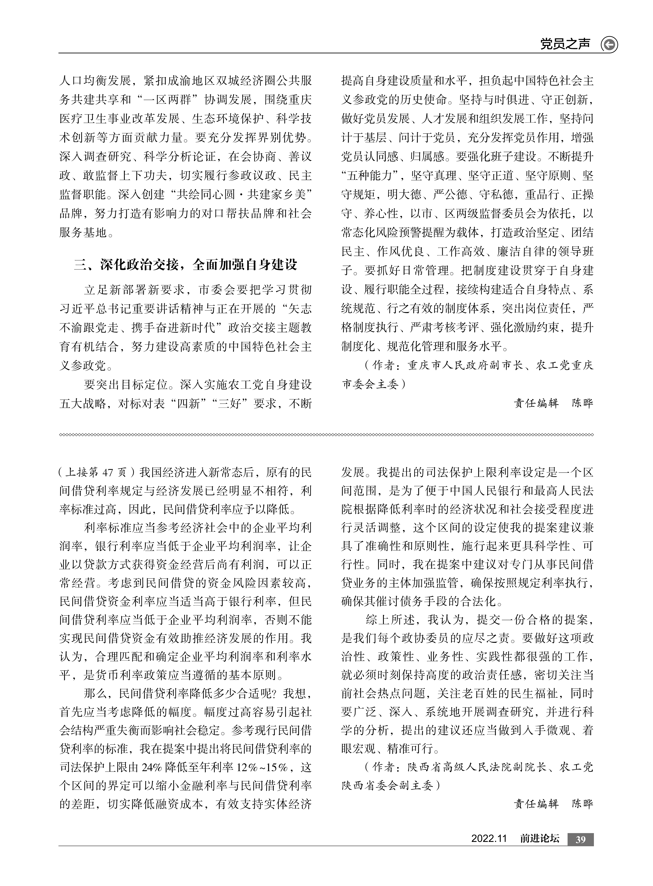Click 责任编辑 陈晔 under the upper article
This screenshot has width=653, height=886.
[x=553, y=404]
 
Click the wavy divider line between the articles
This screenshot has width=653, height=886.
[x=326, y=435]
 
